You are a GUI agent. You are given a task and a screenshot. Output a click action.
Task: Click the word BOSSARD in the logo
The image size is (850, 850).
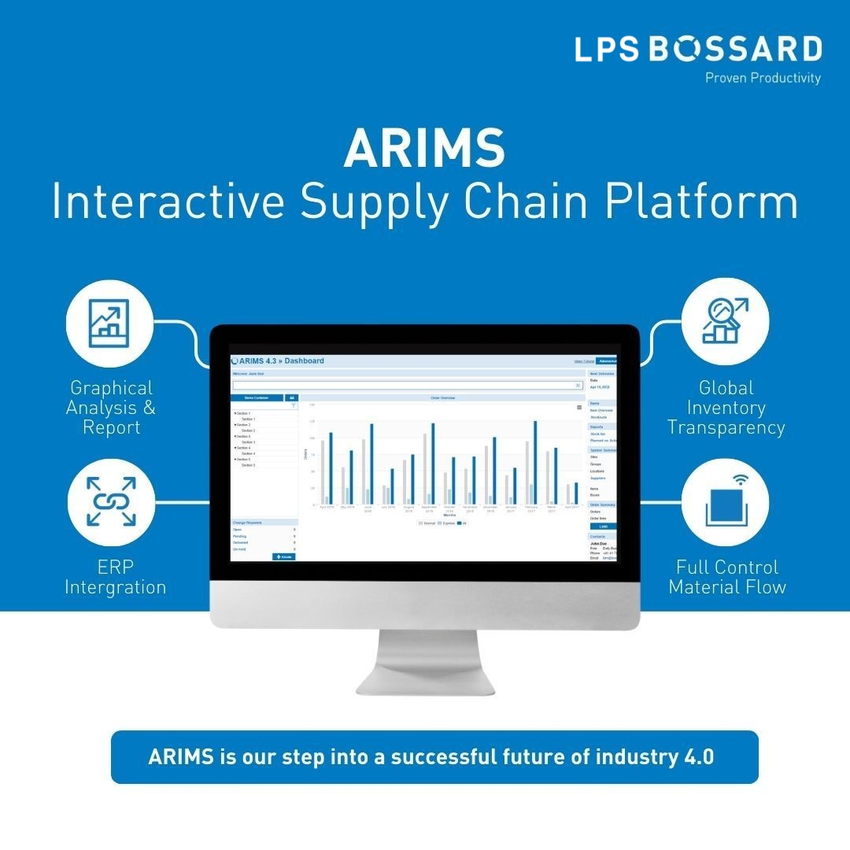click(x=735, y=50)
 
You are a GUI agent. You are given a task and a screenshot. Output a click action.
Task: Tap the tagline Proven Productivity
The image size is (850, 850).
click(x=762, y=78)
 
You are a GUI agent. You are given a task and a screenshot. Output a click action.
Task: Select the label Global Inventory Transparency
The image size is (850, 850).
click(x=726, y=408)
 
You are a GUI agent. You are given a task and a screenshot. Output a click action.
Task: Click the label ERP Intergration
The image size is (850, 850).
click(x=116, y=577)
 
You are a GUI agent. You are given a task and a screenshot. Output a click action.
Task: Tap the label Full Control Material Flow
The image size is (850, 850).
click(x=726, y=577)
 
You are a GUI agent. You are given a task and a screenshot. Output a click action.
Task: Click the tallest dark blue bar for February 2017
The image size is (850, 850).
click(x=535, y=463)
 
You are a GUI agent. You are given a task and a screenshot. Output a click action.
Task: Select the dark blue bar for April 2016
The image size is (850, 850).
click(x=331, y=468)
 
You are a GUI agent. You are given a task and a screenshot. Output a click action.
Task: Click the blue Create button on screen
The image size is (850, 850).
click(x=283, y=556)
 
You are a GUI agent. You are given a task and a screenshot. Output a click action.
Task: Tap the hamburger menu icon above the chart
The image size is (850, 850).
click(x=579, y=408)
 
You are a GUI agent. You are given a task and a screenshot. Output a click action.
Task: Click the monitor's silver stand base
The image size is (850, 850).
click(x=425, y=683)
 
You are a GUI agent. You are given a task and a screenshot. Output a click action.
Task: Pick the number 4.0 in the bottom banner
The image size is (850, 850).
click(x=696, y=757)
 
